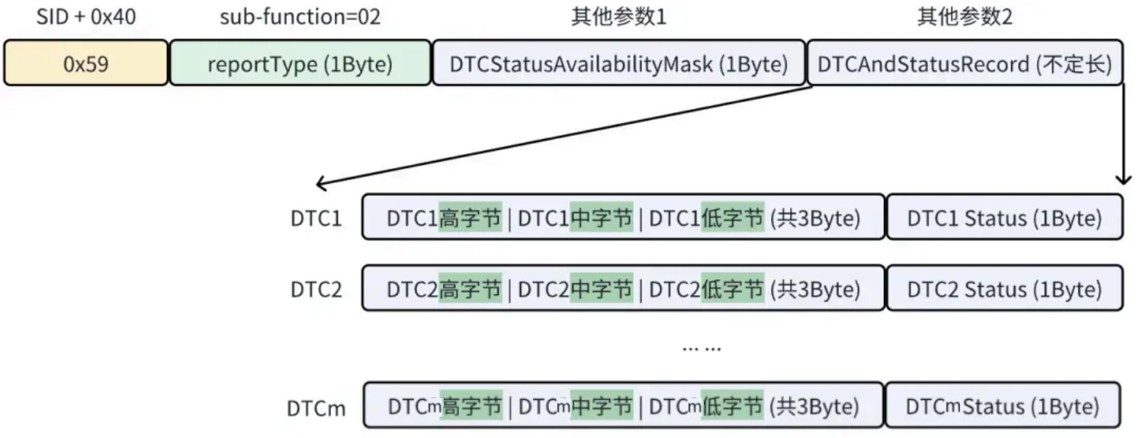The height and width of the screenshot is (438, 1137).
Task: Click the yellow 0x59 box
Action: tap(85, 64)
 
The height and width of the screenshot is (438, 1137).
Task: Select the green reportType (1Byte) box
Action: tap(300, 64)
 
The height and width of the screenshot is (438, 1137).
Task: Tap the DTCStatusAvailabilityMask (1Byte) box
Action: tap(618, 64)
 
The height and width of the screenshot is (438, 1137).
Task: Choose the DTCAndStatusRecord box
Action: tap(965, 64)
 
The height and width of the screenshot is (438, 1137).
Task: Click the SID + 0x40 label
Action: tap(86, 18)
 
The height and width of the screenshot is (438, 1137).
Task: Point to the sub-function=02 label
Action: tap(300, 18)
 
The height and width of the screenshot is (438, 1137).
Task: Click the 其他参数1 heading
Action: tap(618, 18)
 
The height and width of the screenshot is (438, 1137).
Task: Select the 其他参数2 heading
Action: tap(965, 18)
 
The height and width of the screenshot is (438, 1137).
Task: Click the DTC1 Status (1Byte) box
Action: tap(1004, 219)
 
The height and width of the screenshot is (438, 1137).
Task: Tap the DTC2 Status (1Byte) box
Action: tap(1004, 289)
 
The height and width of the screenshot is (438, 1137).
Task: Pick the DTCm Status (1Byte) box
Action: tap(1004, 406)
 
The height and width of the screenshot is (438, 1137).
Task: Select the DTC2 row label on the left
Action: tap(316, 290)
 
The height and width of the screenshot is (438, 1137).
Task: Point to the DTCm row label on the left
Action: tap(316, 407)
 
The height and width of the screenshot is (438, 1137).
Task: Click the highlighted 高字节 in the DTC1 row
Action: tap(471, 219)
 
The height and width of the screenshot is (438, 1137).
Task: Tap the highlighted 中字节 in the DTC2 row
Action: tap(602, 289)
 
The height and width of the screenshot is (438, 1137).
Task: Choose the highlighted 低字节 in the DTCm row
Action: tap(733, 406)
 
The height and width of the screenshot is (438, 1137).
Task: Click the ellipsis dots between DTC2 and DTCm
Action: tap(702, 348)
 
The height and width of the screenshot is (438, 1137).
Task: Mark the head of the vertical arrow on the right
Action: tap(1123, 181)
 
